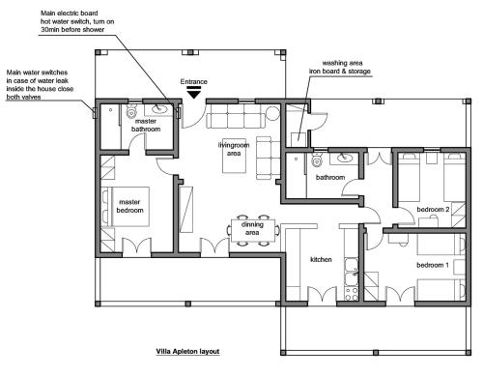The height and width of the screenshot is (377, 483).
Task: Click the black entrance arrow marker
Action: (194, 93)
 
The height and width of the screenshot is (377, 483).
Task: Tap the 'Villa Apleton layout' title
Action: (187, 351)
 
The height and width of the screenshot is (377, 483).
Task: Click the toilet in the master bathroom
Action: (131, 110)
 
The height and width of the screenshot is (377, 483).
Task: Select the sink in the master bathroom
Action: (158, 109)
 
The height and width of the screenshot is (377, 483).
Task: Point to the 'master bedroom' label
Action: (129, 206)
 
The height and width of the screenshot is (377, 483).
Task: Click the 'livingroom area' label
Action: (234, 149)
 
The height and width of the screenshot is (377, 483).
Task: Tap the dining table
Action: (253, 230)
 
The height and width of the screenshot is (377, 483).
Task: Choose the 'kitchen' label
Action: (321, 259)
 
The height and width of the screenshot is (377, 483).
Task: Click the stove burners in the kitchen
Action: (352, 294)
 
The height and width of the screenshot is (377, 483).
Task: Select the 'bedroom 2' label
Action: (433, 210)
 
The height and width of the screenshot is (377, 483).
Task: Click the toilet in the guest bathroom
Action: (317, 159)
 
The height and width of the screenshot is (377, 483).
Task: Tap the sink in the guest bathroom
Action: (344, 158)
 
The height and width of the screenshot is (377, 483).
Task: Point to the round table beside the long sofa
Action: (272, 113)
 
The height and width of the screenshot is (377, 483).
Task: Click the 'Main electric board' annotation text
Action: (70, 14)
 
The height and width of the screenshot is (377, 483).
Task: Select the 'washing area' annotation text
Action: (342, 63)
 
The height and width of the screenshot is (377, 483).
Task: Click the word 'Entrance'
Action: (193, 81)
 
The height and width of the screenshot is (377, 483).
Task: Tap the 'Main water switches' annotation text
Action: (37, 72)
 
